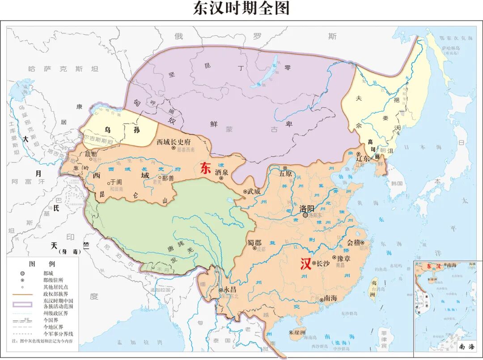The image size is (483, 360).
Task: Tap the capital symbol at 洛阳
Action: point(306,215)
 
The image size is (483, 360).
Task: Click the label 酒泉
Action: point(221,172)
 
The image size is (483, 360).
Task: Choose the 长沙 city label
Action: point(323,263)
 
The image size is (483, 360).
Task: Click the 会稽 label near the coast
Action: point(353,243)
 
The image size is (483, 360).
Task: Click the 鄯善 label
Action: point(168,178)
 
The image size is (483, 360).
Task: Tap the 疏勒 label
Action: point(91,154)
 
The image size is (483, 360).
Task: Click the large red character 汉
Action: point(306,264)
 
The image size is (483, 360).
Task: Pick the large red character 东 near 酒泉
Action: point(206,168)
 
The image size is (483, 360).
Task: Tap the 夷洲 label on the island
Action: point(373,286)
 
